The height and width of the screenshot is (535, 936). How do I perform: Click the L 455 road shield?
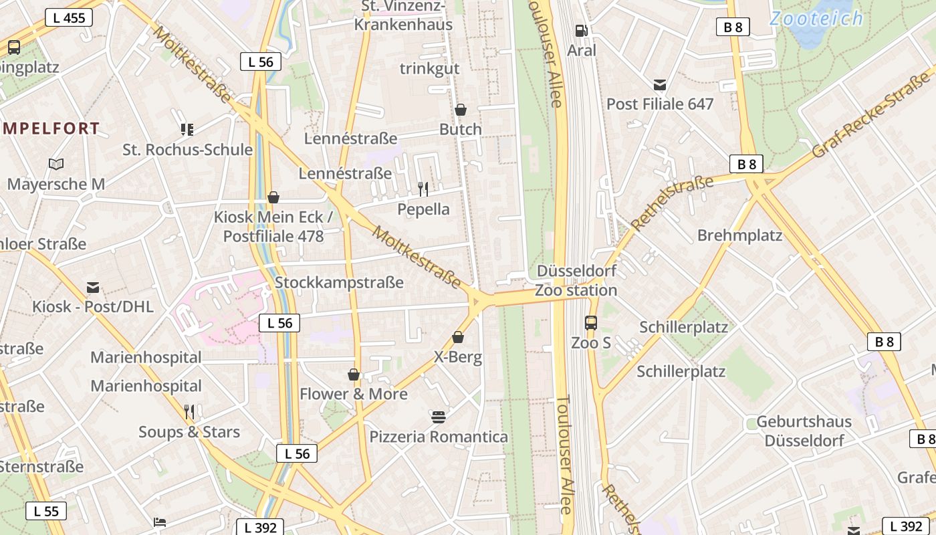(x=69, y=18)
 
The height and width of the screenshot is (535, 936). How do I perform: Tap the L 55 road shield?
(x=46, y=512)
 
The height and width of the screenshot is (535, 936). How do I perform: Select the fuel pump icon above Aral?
(x=581, y=31)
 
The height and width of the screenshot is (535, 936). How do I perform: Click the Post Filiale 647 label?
(x=660, y=104)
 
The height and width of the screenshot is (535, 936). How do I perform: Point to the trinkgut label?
(x=429, y=68)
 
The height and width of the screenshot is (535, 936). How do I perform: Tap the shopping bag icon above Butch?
(x=460, y=110)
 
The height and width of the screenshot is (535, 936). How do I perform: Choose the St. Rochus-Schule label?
(x=187, y=150)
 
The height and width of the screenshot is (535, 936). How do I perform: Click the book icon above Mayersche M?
(x=56, y=165)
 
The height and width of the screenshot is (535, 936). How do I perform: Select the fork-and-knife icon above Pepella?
(x=423, y=189)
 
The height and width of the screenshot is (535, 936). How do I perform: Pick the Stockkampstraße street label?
(x=339, y=282)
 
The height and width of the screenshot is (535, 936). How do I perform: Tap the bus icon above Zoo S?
(x=591, y=323)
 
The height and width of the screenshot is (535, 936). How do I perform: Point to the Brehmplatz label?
(x=739, y=235)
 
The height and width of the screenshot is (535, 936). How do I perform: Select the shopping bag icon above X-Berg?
(x=458, y=337)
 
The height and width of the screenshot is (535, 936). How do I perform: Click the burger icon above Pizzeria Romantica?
(x=439, y=417)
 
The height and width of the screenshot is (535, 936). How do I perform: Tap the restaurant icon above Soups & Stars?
(x=189, y=411)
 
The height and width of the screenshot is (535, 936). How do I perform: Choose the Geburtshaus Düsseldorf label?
(x=804, y=431)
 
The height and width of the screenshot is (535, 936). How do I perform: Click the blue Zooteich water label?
(x=816, y=19)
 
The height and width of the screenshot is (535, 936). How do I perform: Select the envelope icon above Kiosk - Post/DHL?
(x=93, y=288)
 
